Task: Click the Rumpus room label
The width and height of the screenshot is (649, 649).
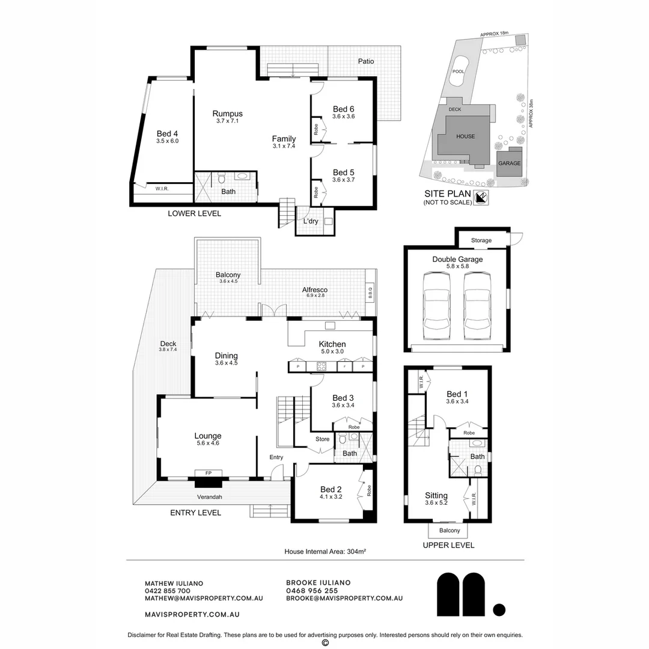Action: [227, 114]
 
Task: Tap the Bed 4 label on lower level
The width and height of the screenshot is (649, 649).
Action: [168, 133]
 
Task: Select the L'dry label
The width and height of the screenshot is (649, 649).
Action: [310, 221]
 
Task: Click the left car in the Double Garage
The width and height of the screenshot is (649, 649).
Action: [436, 305]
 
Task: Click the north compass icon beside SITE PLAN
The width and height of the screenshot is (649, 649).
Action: [481, 197]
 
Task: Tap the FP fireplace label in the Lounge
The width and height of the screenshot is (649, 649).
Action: [209, 474]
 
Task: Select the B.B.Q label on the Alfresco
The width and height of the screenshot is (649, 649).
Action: [370, 293]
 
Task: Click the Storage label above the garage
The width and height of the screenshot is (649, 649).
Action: [481, 240]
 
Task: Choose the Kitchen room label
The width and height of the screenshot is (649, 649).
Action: [332, 344]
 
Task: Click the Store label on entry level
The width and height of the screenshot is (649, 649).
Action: [323, 439]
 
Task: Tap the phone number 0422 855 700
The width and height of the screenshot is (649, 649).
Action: [168, 591]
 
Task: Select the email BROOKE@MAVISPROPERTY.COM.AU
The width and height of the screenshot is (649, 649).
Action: [344, 599]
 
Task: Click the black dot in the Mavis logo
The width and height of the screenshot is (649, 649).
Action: [499, 609]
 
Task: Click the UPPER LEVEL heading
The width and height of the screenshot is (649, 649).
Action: [448, 545]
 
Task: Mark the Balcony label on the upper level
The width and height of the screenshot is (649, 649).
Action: [450, 531]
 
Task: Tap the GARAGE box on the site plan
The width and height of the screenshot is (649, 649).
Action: [509, 163]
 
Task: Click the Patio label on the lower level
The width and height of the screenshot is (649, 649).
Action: [366, 61]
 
